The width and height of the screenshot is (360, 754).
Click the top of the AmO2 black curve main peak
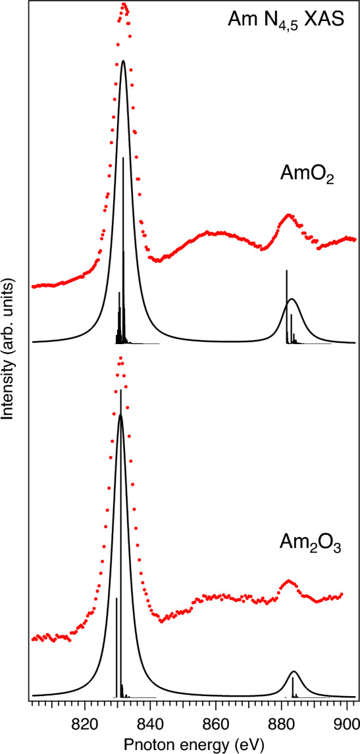pyautogui.click(x=124, y=61)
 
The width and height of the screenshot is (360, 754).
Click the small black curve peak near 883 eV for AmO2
pyautogui.click(x=292, y=299)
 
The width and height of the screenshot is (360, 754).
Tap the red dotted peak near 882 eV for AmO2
pyautogui.click(x=288, y=215)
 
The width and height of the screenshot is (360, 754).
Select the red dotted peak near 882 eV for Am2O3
pyautogui.click(x=288, y=582)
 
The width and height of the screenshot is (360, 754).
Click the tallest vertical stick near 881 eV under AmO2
pyautogui.click(x=286, y=271)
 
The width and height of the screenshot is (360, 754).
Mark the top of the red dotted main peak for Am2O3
pyautogui.click(x=120, y=359)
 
